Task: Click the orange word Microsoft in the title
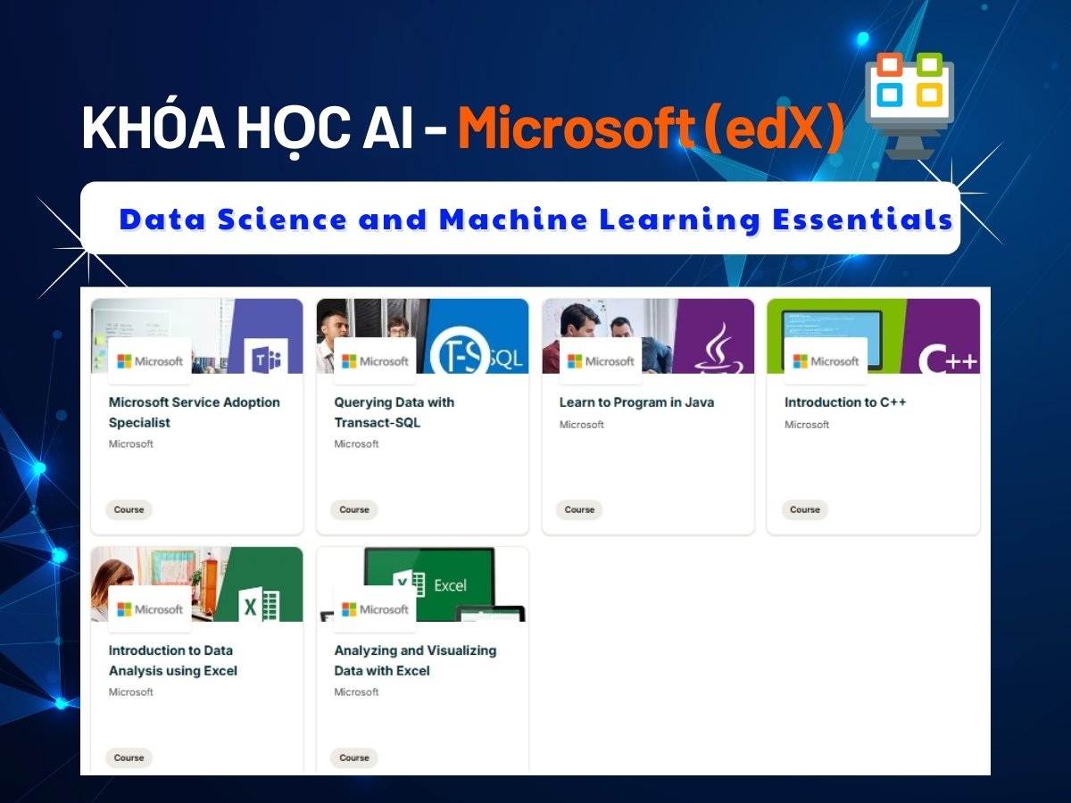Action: (x=576, y=128)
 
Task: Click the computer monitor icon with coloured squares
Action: (x=909, y=105)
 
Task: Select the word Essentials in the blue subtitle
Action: (x=863, y=219)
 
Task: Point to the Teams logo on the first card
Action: (x=266, y=360)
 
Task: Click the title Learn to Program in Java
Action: (x=636, y=402)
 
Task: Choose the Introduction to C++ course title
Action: (x=845, y=402)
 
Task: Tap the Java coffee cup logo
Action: (x=719, y=349)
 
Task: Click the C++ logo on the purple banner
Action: (x=947, y=360)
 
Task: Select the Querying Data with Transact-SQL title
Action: (x=394, y=412)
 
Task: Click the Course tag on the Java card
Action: (x=579, y=509)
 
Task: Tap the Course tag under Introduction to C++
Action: (x=805, y=509)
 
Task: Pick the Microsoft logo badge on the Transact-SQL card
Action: (x=375, y=361)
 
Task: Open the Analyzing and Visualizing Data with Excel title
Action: (x=415, y=660)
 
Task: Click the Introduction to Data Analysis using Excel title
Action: (x=173, y=660)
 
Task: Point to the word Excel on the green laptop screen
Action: (x=450, y=585)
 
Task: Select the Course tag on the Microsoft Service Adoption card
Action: (x=129, y=509)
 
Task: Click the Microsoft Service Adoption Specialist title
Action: (x=195, y=412)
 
